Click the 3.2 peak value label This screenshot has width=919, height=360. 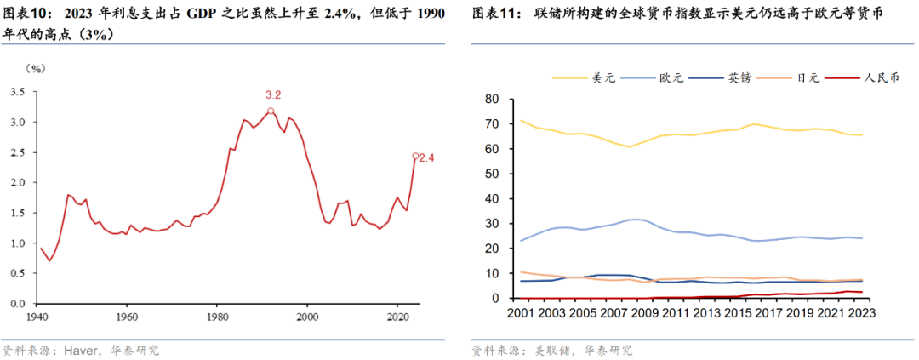(272, 94)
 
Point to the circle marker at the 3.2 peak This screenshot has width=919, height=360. (271, 111)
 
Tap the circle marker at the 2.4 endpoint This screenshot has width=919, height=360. (415, 157)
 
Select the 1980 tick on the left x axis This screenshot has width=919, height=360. (216, 316)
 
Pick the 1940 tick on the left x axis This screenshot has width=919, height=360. (37, 316)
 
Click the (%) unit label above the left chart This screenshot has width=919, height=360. (36, 68)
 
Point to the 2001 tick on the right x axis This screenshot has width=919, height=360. (522, 313)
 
